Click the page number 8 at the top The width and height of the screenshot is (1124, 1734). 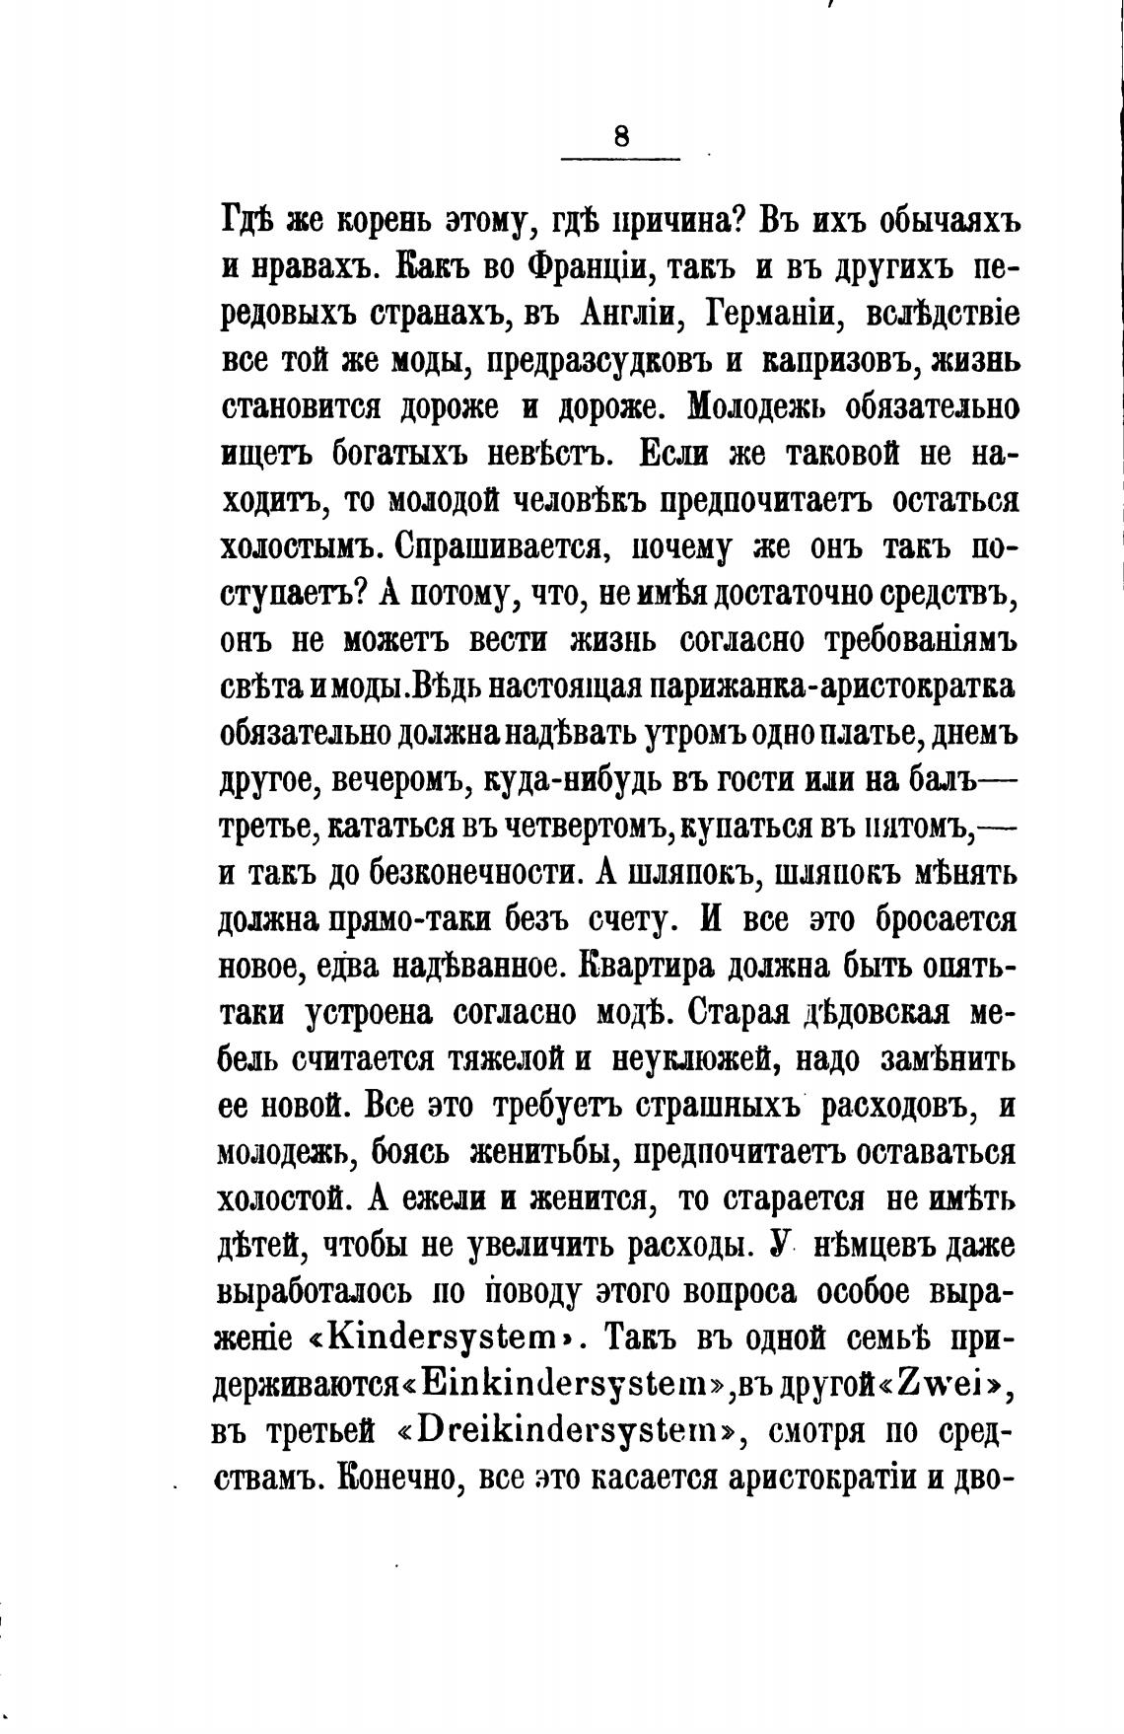(x=620, y=136)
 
